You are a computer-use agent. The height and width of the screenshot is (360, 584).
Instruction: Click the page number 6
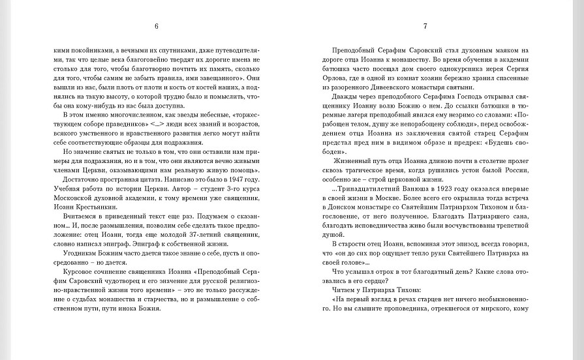157,27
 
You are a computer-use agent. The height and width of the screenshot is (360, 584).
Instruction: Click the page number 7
425,27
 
